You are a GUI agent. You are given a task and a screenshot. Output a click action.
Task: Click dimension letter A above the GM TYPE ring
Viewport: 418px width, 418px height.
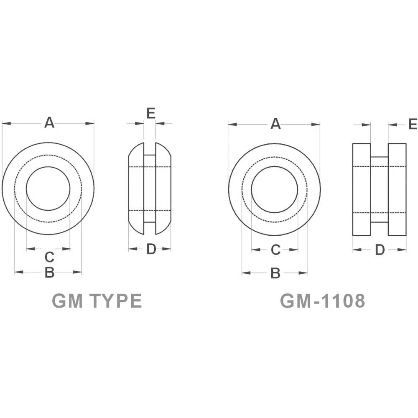[x=49, y=123]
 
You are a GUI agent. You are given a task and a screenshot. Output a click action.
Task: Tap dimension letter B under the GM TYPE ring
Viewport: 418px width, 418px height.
[x=49, y=273]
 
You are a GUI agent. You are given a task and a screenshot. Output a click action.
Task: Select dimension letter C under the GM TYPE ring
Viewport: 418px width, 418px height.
[x=49, y=257]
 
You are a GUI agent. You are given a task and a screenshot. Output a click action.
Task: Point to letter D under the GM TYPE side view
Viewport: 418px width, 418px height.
[x=151, y=249]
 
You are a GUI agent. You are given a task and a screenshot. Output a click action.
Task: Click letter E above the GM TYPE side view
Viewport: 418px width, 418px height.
[x=151, y=113]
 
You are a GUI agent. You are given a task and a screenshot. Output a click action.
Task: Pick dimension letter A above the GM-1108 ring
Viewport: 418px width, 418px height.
[x=275, y=124]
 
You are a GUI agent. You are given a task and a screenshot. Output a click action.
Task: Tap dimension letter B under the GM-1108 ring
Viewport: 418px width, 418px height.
[x=275, y=273]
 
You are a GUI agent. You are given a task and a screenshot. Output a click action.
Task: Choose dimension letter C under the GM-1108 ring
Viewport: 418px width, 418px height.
[x=275, y=250]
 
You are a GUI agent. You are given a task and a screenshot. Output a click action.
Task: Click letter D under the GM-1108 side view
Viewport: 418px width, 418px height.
[x=380, y=250]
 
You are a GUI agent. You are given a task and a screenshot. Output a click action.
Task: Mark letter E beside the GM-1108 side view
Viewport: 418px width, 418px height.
[x=413, y=124]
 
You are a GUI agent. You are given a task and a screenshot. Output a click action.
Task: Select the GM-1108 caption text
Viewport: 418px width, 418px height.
[x=322, y=301]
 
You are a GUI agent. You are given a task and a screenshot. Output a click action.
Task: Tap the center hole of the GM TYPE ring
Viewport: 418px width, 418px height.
[x=48, y=189]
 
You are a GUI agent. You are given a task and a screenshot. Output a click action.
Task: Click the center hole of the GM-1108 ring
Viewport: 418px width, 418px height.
[x=275, y=189]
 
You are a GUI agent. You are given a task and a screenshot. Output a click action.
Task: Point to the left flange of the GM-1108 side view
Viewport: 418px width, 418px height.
[x=362, y=189]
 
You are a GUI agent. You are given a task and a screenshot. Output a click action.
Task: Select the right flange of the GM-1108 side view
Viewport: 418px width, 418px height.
[x=397, y=189]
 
